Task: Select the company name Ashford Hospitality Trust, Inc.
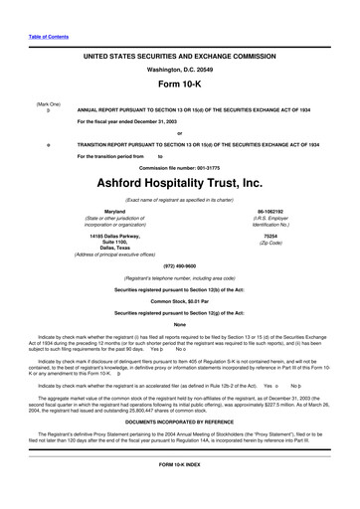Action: click(x=179, y=183)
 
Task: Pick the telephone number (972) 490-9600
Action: click(x=179, y=265)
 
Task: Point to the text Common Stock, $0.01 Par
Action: click(x=179, y=299)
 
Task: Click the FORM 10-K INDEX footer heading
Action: click(x=179, y=492)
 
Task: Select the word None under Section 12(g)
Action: click(x=179, y=324)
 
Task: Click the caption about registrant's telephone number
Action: click(x=179, y=277)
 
